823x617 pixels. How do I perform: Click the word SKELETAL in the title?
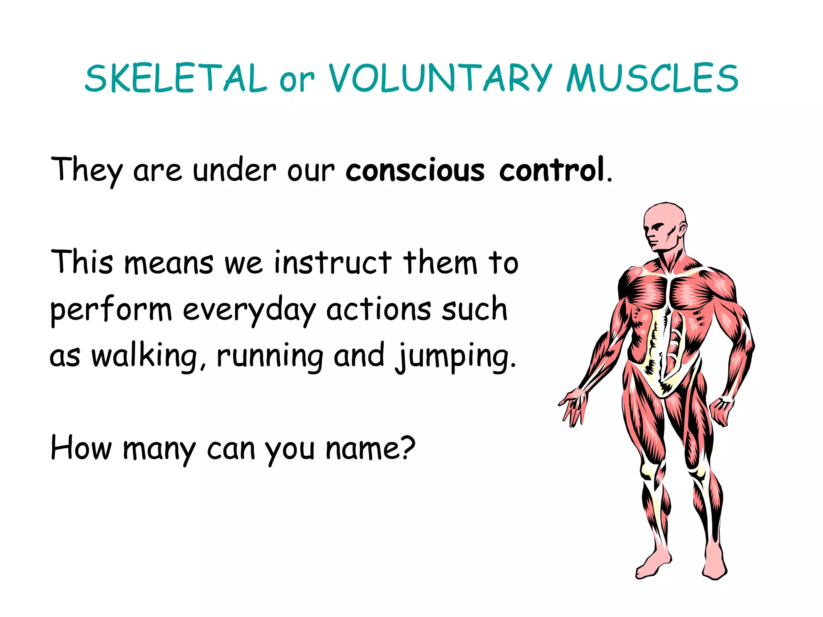pyautogui.click(x=176, y=78)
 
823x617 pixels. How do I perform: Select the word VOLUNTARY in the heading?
pyautogui.click(x=440, y=78)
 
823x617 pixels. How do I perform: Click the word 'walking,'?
pyautogui.click(x=149, y=356)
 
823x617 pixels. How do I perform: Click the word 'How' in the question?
pyautogui.click(x=81, y=448)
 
